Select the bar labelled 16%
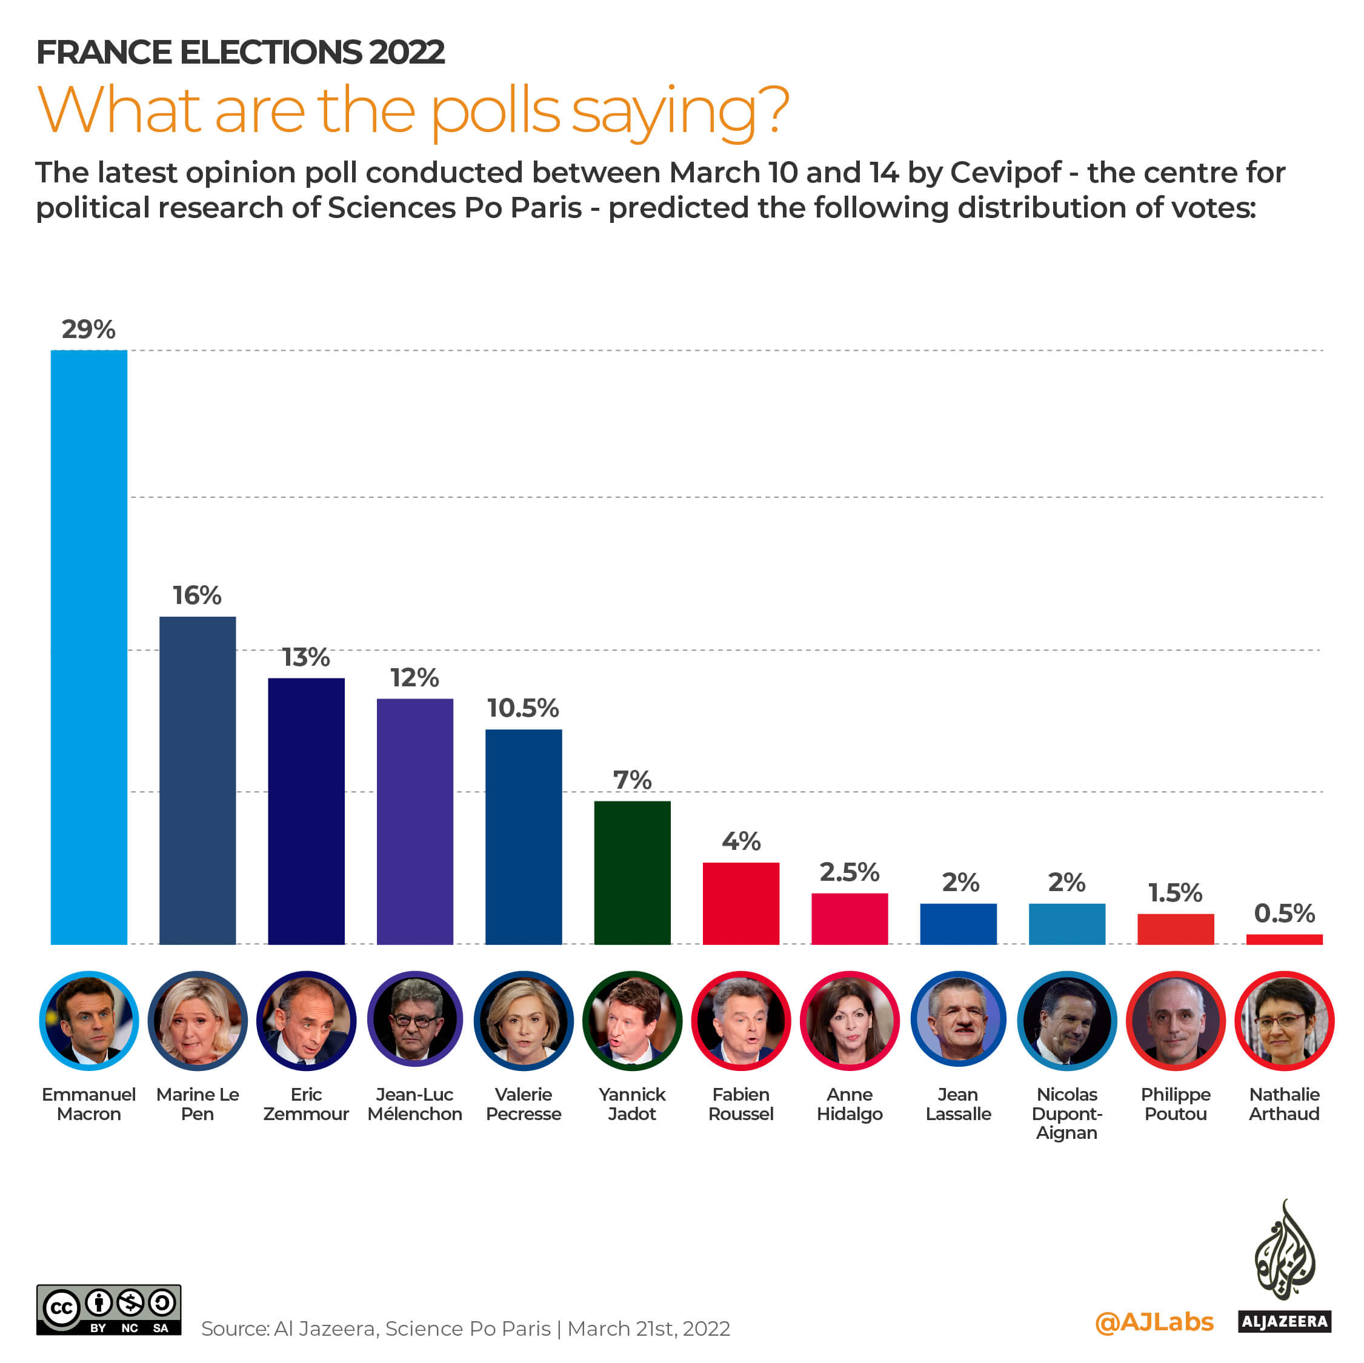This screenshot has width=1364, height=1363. pyautogui.click(x=198, y=780)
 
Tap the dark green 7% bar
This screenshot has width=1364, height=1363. pyautogui.click(x=632, y=872)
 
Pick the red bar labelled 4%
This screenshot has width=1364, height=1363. pyautogui.click(x=740, y=903)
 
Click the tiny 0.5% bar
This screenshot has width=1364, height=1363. pyautogui.click(x=1283, y=939)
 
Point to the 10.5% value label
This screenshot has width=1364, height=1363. pyautogui.click(x=523, y=708)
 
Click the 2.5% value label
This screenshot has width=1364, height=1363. pyautogui.click(x=850, y=872)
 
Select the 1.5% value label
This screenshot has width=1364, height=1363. pyautogui.click(x=1175, y=892)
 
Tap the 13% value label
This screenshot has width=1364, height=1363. pyautogui.click(x=305, y=657)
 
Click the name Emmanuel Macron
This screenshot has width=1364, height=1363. pyautogui.click(x=89, y=1104)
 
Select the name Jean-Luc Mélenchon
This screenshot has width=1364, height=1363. pyautogui.click(x=414, y=1104)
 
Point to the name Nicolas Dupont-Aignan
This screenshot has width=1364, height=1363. pyautogui.click(x=1066, y=1113)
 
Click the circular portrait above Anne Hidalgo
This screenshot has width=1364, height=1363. pyautogui.click(x=850, y=1021)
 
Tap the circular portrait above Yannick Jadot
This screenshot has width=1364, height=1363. pyautogui.click(x=632, y=1021)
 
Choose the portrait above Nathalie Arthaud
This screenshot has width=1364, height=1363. pyautogui.click(x=1283, y=1021)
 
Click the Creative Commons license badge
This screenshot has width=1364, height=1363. pyautogui.click(x=108, y=1310)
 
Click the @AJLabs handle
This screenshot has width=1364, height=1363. pyautogui.click(x=1154, y=1321)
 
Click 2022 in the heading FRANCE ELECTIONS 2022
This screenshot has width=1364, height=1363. pyautogui.click(x=406, y=52)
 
